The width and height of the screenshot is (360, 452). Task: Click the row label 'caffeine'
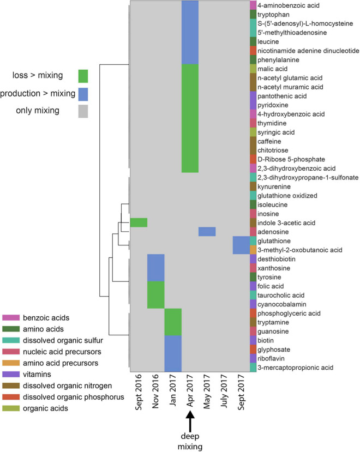271,141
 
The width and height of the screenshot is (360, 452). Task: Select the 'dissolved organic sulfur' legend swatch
10,340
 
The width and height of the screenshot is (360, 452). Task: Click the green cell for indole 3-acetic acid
139,222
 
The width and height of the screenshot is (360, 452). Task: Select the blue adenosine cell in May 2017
207,232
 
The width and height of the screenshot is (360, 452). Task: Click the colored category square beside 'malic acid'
253,69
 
